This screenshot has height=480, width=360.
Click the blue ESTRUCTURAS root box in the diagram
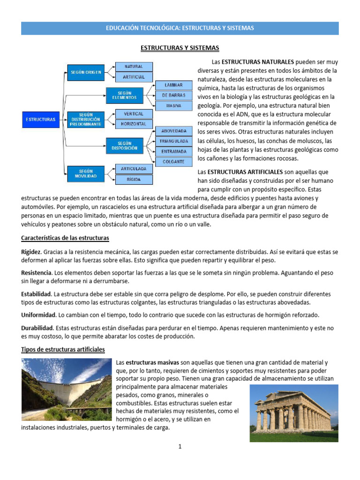click(40, 120)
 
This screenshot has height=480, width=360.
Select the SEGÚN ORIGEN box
click(86, 72)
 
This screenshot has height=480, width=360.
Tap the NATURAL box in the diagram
click(134, 67)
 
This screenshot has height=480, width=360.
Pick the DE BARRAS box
click(173, 96)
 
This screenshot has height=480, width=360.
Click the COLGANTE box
click(173, 162)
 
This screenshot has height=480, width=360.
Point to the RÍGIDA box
click(134, 179)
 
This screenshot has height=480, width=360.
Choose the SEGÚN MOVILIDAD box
click(86, 173)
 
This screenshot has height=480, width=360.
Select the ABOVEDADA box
click(173, 131)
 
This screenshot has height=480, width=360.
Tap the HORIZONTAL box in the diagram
click(134, 124)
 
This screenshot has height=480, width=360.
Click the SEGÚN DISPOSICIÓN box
click(125, 146)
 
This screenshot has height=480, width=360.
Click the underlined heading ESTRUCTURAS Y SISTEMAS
click(180, 48)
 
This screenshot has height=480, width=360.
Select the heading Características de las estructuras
click(65, 238)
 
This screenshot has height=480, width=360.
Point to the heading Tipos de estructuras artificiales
click(63, 350)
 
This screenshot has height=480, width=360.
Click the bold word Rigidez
click(31, 252)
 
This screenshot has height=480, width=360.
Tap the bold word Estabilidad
click(36, 294)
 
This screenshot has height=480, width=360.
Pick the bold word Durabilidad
click(37, 328)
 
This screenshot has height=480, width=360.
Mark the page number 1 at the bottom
click(180, 447)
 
